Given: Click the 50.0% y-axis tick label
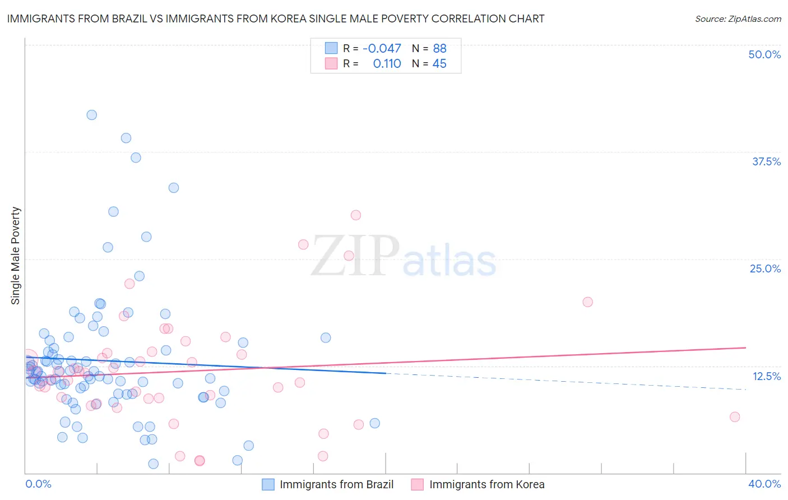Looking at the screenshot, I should (764, 54).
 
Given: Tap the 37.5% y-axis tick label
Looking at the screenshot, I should (766, 161).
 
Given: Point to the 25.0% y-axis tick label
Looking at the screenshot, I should (765, 268).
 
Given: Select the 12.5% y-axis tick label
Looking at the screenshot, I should (766, 376).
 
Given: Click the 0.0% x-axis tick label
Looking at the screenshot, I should (38, 484).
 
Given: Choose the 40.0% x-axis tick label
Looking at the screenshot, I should (764, 484).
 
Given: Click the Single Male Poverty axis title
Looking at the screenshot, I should (16, 256).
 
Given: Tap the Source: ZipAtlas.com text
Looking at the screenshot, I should (738, 18).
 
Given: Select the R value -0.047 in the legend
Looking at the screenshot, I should (382, 48).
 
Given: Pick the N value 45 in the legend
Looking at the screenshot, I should (439, 64).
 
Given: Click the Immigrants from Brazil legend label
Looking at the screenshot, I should (336, 484).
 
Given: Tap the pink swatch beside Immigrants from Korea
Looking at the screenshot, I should (417, 484).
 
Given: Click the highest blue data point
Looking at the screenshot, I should (92, 115).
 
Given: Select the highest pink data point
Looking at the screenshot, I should (355, 215).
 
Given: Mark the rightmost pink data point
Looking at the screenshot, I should (735, 416).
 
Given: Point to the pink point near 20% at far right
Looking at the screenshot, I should (587, 302).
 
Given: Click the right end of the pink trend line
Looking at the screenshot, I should (745, 348).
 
